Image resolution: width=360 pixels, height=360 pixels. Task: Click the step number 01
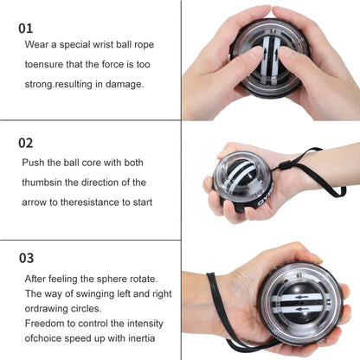[27, 28]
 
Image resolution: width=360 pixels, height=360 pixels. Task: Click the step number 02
[27, 142]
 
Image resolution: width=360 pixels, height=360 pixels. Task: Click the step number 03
[27, 257]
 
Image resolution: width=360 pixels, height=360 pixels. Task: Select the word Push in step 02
[35, 162]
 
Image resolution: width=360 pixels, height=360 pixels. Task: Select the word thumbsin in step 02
[44, 182]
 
